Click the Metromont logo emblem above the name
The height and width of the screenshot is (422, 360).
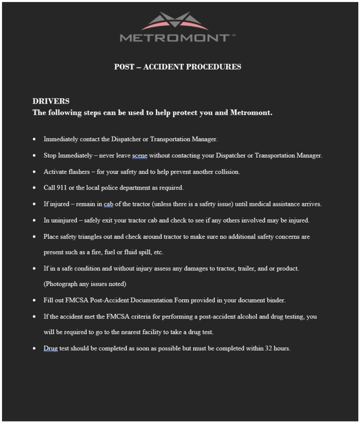click(x=175, y=21)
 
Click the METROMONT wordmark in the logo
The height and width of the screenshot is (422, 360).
click(x=175, y=38)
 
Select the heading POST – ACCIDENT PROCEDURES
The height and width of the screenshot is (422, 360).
click(x=178, y=67)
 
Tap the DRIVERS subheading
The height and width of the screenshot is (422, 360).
click(x=51, y=101)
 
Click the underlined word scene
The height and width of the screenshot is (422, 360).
click(x=139, y=156)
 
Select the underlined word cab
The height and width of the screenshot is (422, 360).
click(x=108, y=204)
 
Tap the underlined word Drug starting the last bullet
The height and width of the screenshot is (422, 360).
click(x=51, y=348)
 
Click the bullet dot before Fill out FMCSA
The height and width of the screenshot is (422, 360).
click(x=34, y=300)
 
